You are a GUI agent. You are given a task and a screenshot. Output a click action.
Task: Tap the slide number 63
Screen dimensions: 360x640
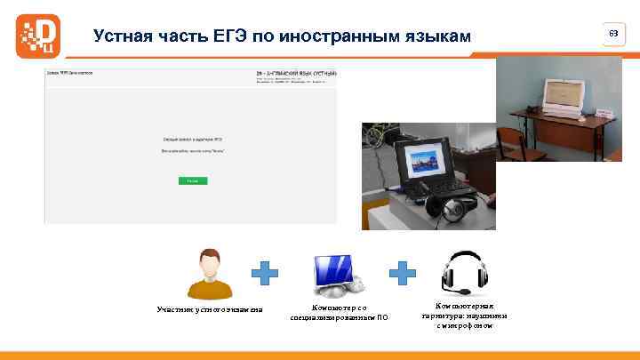(612, 34)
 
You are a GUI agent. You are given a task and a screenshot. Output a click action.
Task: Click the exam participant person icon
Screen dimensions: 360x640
(210, 273)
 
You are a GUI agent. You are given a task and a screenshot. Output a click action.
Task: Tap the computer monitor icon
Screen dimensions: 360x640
(336, 275)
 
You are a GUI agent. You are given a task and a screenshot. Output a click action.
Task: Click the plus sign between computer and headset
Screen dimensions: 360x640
(404, 274)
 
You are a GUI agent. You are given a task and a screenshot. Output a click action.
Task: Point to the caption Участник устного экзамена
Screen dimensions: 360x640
(210, 309)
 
